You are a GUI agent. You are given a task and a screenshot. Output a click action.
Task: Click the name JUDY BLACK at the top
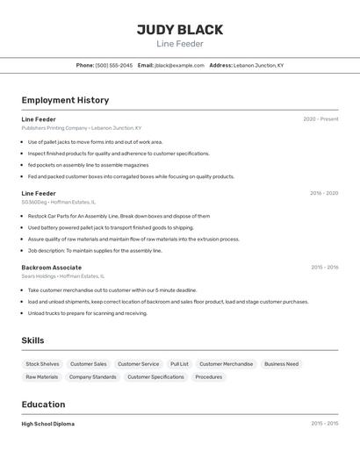pyautogui.click(x=179, y=30)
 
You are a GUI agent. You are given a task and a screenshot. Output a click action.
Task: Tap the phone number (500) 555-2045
pyautogui.click(x=114, y=65)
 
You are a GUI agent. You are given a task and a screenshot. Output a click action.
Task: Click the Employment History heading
pyautogui.click(x=65, y=100)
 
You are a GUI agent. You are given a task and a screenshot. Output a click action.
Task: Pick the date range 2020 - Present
pyautogui.click(x=320, y=119)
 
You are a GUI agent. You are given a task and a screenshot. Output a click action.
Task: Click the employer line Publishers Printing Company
pyautogui.click(x=82, y=128)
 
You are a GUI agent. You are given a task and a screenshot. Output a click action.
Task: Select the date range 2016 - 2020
pyautogui.click(x=323, y=193)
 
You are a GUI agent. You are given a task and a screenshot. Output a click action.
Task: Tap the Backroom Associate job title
pyautogui.click(x=51, y=267)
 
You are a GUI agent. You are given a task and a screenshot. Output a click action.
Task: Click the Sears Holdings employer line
pyautogui.click(x=63, y=275)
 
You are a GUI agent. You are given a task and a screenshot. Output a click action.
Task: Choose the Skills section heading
pyautogui.click(x=32, y=340)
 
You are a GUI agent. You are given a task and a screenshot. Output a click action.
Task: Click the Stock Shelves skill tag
pyautogui.click(x=42, y=364)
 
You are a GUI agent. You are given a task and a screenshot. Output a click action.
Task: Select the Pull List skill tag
pyautogui.click(x=179, y=364)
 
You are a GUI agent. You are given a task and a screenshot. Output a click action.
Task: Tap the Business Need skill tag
pyautogui.click(x=281, y=364)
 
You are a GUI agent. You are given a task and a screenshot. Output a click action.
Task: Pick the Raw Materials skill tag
pyautogui.click(x=41, y=377)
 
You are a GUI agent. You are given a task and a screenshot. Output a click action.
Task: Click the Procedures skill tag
pyautogui.click(x=208, y=377)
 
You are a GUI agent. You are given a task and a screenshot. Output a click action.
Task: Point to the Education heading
pyautogui.click(x=43, y=404)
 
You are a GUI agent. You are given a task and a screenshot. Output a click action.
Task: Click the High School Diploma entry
pyautogui.click(x=48, y=424)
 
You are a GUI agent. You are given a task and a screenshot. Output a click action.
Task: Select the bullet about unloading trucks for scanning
pyautogui.click(x=87, y=313)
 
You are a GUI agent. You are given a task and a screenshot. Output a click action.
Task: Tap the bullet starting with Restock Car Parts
pyautogui.click(x=119, y=216)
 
